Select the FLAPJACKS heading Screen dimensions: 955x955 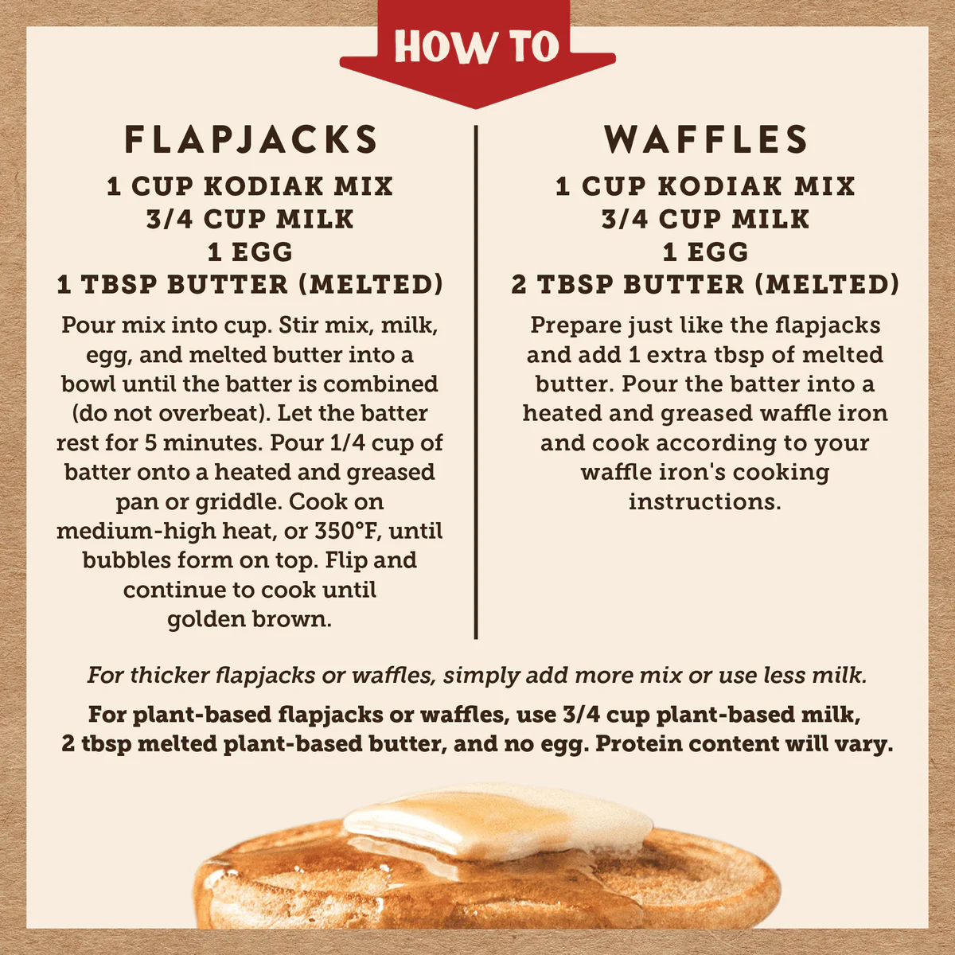pos(251,140)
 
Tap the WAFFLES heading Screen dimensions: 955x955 pos(706,140)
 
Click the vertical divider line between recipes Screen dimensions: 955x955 pos(476,382)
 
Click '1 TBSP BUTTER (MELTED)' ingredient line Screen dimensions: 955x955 pos(250,284)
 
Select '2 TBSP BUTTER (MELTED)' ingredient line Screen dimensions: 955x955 pos(705,284)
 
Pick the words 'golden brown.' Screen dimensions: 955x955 pos(249,619)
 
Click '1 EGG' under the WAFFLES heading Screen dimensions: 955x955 pos(705,251)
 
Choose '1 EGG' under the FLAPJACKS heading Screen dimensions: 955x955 pos(250,251)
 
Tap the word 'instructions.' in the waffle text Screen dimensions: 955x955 pos(705,502)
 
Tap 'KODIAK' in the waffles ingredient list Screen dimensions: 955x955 pos(719,186)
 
